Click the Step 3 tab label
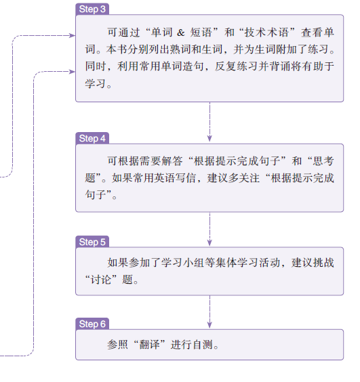(92, 9)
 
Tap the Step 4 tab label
(92, 138)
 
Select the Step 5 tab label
(92, 242)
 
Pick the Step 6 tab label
(92, 324)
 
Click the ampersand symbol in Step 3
(181, 33)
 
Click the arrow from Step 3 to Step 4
(209, 122)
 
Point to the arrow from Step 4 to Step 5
(209, 229)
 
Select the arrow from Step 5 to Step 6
(209, 312)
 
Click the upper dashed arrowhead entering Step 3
(72, 36)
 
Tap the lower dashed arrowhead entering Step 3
(72, 72)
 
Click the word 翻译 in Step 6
(149, 345)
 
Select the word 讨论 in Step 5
(101, 280)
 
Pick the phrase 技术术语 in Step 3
(266, 33)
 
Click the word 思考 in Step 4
(323, 161)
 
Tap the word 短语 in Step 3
(201, 33)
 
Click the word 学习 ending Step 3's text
(96, 83)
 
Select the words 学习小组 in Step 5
(183, 262)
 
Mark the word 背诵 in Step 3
(280, 66)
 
